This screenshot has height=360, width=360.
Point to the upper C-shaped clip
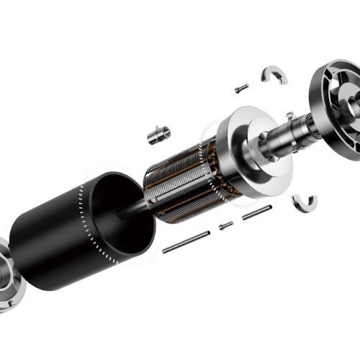point(274,73)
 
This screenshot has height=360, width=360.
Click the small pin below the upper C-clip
point(241,89)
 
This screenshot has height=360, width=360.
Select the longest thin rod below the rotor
point(186,242)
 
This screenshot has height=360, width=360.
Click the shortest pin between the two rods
point(226,225)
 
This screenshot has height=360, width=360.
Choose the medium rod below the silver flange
point(256,212)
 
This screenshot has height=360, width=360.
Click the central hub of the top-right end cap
point(353,101)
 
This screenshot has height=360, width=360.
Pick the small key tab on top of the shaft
point(289,115)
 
